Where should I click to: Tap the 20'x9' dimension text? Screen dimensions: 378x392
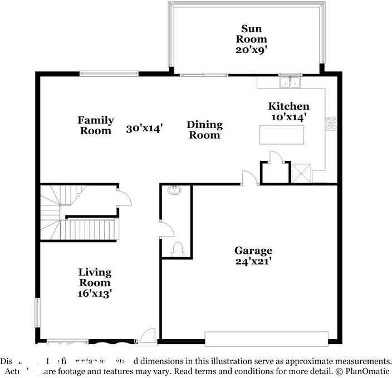(251, 49)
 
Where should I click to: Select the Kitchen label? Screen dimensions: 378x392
(288, 106)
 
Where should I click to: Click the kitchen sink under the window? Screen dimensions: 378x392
(290, 83)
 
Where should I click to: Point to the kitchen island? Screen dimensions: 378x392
(282, 135)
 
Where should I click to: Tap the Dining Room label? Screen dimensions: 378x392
(204, 130)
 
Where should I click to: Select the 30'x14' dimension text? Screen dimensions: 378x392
(144, 129)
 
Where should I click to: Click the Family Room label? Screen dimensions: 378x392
(95, 125)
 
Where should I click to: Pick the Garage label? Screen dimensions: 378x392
(253, 251)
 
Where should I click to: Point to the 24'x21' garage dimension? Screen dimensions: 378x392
(253, 261)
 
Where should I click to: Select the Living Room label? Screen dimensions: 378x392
(95, 278)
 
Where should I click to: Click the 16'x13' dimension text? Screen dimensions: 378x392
(95, 293)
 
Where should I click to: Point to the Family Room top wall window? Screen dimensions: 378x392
(109, 73)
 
